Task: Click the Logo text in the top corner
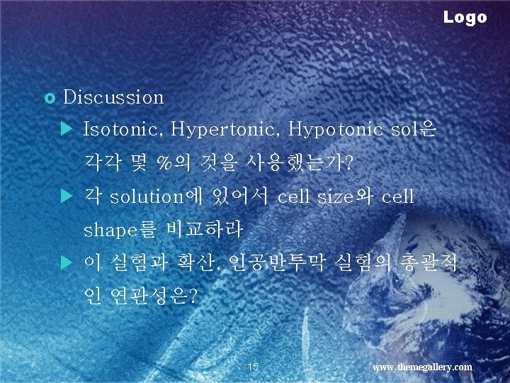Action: click(x=465, y=17)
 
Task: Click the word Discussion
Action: click(x=113, y=97)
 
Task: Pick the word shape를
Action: click(x=120, y=230)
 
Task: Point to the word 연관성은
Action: click(x=153, y=295)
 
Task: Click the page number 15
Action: click(x=254, y=367)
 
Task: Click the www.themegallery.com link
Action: click(x=422, y=367)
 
